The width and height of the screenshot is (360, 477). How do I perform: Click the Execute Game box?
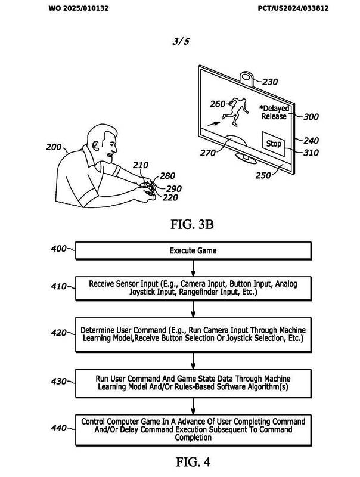pyautogui.click(x=194, y=251)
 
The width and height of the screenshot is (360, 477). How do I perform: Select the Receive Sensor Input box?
pyautogui.click(x=194, y=289)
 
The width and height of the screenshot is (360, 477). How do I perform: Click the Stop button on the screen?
pyautogui.click(x=273, y=144)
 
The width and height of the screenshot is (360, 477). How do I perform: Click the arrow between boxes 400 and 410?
pyautogui.click(x=194, y=268)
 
